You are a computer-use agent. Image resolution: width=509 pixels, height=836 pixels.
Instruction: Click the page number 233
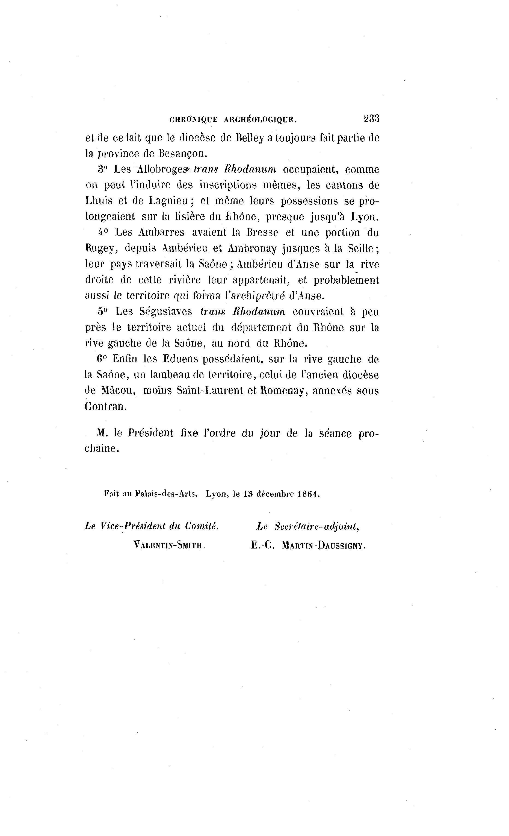click(x=371, y=119)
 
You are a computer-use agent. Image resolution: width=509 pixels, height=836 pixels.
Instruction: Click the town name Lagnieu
click(x=168, y=201)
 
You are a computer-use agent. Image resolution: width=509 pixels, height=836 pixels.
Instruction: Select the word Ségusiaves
click(x=166, y=312)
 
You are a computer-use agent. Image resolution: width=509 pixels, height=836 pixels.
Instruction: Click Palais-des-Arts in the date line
click(x=166, y=494)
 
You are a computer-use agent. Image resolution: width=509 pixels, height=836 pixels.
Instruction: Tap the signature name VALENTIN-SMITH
click(x=170, y=545)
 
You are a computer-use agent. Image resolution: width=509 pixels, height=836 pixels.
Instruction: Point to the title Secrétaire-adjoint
click(x=316, y=526)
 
